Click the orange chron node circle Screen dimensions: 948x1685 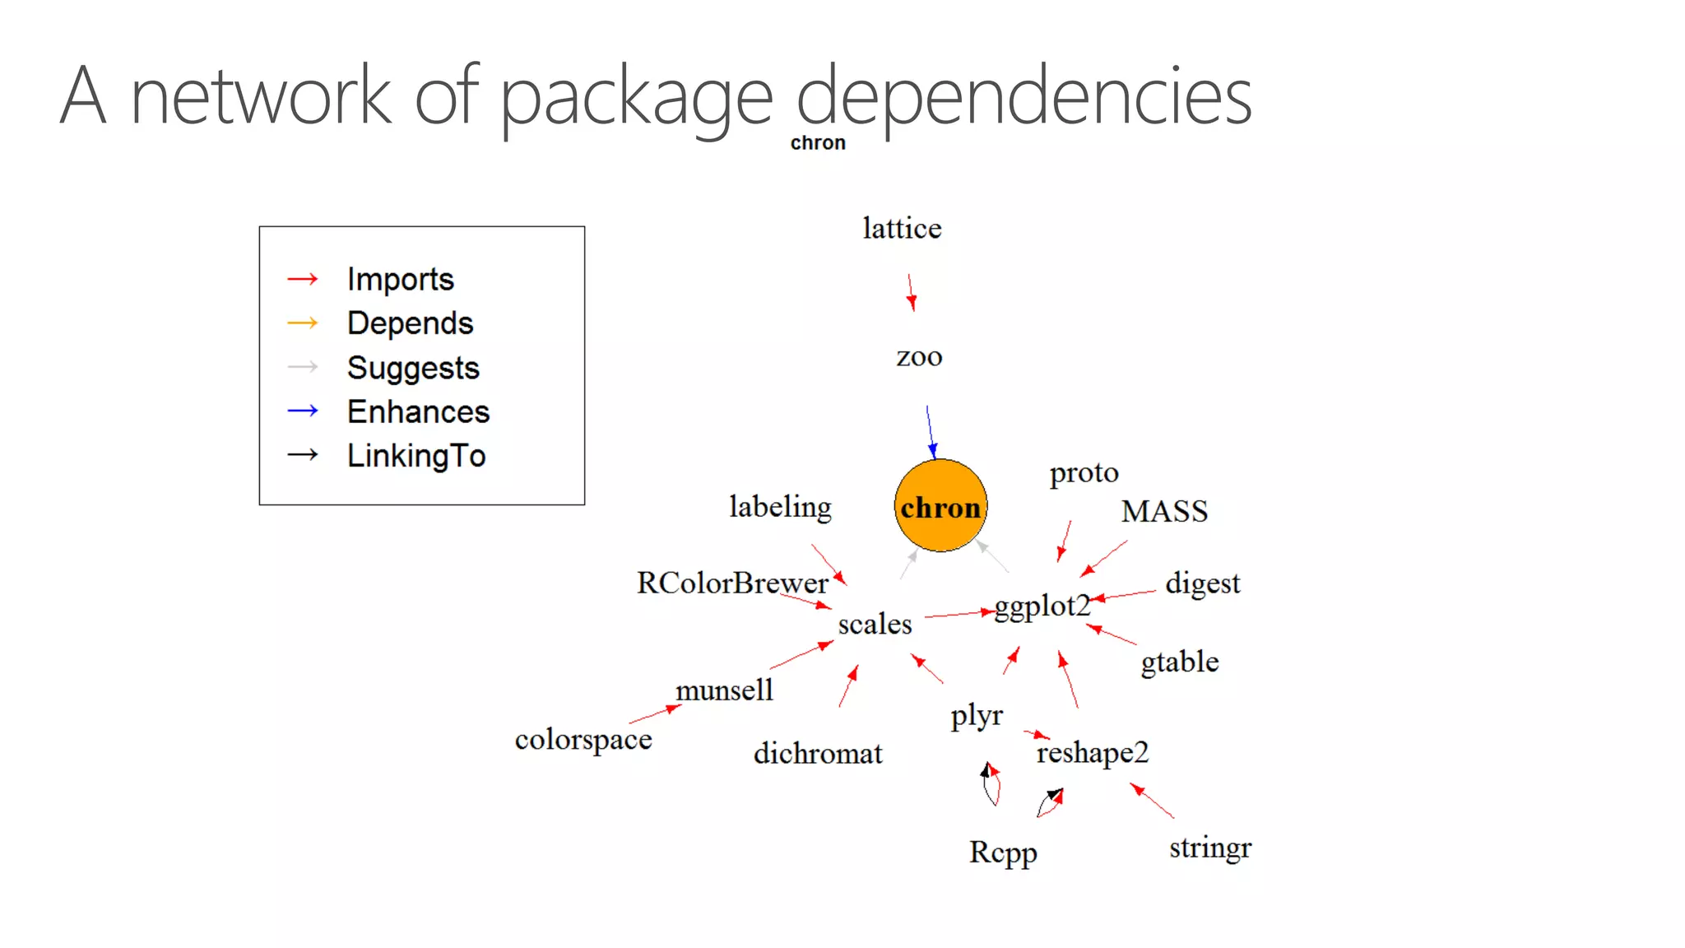[x=940, y=505]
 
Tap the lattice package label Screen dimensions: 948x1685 [x=902, y=228]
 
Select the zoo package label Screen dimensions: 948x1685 [x=919, y=357]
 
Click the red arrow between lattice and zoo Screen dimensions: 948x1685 [x=911, y=293]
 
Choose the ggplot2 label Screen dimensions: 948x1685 [x=1042, y=606]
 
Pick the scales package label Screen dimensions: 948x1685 [x=875, y=625]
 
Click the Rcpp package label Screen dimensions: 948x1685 [x=1002, y=853]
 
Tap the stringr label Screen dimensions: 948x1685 [x=1209, y=848]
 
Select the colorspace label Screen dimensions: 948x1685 [x=583, y=740]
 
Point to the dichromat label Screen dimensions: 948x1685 [x=818, y=754]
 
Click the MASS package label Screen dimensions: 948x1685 [x=1164, y=511]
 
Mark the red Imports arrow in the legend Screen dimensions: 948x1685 [x=303, y=280]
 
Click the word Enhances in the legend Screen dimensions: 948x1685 [x=418, y=411]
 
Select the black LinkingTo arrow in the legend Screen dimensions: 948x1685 [x=303, y=454]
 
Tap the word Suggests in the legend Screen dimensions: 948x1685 [x=413, y=368]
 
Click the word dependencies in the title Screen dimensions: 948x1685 [x=1024, y=97]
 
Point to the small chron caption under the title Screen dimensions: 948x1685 [x=818, y=143]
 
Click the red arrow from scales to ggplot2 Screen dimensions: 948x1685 [x=959, y=613]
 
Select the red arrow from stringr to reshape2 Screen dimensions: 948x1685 [x=1152, y=801]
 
